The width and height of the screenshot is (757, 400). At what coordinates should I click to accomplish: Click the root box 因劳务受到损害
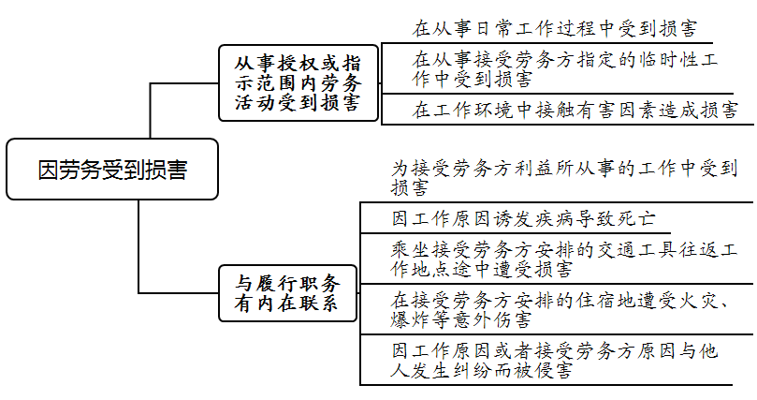(111, 170)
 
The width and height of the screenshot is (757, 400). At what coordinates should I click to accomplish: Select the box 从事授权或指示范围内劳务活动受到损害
(298, 82)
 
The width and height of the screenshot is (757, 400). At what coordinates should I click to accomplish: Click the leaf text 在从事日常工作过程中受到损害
(555, 29)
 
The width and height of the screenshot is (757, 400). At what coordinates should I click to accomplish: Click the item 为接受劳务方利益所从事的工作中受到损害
(564, 178)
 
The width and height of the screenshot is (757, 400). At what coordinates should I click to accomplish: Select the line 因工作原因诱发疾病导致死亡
(523, 219)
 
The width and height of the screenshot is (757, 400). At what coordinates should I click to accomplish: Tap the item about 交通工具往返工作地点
(562, 259)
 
